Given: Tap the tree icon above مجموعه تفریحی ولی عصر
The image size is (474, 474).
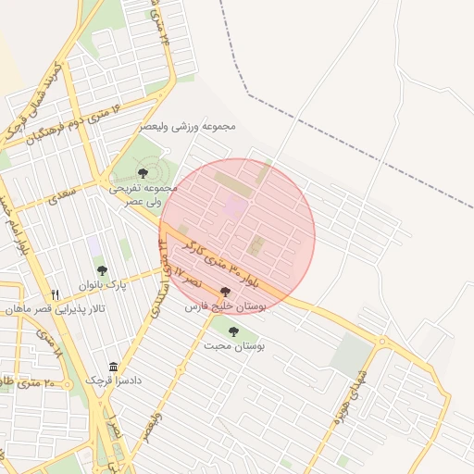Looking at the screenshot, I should click(x=143, y=173).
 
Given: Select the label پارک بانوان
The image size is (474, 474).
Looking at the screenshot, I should click(x=102, y=285).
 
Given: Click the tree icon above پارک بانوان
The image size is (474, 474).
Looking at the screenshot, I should click(x=102, y=271).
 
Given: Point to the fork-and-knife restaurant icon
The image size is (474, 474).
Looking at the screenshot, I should click(x=56, y=294).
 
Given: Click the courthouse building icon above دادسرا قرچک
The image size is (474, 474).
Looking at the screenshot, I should click(x=113, y=367).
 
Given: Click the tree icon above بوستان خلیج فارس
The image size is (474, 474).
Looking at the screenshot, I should click(x=225, y=292).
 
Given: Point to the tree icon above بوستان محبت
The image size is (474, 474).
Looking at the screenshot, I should click(x=232, y=331).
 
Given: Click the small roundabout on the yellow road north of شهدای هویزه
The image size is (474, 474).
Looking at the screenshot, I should click(x=380, y=342).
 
